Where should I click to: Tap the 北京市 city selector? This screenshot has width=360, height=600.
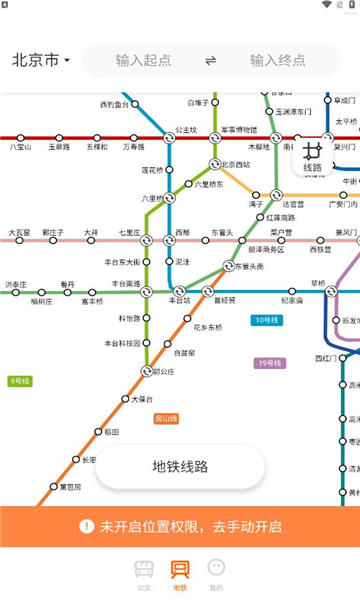41,60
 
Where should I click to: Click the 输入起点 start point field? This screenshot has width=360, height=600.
143,60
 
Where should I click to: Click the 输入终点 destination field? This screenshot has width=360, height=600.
277,60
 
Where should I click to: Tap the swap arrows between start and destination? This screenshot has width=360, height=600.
210,60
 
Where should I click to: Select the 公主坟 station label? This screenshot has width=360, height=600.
186,129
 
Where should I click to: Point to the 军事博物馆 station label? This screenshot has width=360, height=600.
239,129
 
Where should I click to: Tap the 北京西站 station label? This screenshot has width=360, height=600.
236,164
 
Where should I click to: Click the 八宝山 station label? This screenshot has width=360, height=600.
21,147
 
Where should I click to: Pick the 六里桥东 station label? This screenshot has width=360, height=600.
210,184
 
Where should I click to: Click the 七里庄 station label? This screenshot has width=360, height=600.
129,232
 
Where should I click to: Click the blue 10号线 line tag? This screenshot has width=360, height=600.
266,320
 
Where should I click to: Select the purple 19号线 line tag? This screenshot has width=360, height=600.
270,363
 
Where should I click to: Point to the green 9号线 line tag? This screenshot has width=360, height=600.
20,381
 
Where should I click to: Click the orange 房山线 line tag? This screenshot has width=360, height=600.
166,418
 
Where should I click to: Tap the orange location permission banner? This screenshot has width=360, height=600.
180,526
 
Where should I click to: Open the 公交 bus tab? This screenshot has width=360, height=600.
144,572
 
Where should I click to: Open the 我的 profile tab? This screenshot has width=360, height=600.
216,572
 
